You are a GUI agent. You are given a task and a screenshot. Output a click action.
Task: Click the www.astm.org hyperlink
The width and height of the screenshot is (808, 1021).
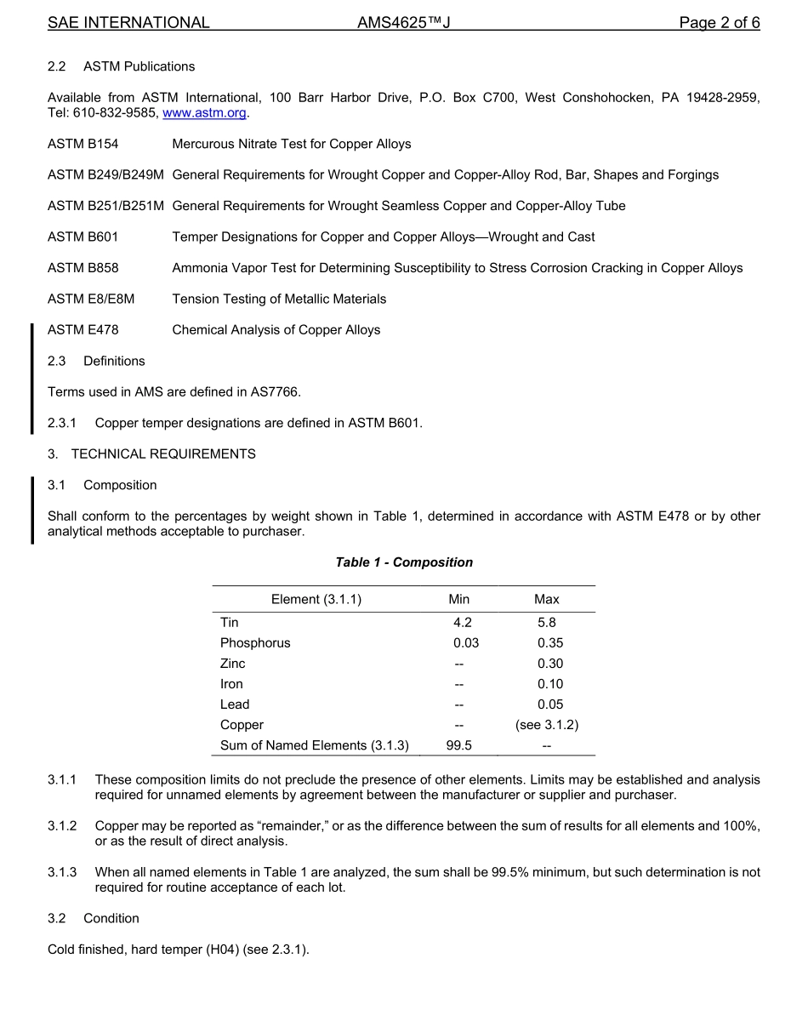click(x=204, y=113)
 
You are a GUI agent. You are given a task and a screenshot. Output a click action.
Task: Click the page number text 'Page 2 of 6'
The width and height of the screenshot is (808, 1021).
click(x=719, y=23)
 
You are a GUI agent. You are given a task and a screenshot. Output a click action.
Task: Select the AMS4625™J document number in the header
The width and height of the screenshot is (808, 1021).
click(x=403, y=23)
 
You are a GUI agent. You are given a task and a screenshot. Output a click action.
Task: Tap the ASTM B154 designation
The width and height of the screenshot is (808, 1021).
click(x=83, y=144)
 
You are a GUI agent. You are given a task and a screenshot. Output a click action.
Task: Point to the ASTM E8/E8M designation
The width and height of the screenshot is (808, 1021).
click(x=91, y=299)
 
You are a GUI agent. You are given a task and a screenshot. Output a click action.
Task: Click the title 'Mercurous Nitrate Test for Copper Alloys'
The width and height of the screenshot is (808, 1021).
click(x=292, y=144)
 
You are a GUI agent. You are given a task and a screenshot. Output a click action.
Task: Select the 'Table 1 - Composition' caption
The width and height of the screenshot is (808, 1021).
click(x=404, y=562)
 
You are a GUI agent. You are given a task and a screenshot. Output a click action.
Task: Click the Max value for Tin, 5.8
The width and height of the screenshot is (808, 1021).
click(x=547, y=623)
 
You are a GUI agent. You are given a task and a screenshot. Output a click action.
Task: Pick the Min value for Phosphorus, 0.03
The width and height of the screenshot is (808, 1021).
click(x=466, y=643)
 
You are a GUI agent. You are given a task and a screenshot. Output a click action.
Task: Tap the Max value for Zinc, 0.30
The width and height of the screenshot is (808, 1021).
click(x=550, y=664)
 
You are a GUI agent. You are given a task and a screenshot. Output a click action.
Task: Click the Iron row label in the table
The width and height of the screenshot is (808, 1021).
click(x=231, y=684)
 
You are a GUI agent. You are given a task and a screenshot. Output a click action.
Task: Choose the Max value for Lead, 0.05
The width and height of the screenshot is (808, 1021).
click(x=550, y=704)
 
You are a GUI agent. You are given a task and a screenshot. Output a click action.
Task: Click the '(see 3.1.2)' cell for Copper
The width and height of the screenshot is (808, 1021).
click(x=547, y=725)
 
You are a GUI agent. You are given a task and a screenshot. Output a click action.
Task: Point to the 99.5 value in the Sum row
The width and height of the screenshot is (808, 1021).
click(x=459, y=745)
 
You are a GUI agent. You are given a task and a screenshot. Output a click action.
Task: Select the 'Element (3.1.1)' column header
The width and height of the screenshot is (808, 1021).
click(x=316, y=600)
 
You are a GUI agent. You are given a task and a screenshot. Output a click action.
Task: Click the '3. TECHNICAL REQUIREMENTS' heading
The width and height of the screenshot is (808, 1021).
click(x=151, y=453)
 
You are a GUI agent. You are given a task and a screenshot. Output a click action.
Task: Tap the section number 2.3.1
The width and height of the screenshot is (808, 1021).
click(x=62, y=423)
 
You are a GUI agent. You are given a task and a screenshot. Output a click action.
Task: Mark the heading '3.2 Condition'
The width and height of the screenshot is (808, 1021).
click(x=94, y=918)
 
